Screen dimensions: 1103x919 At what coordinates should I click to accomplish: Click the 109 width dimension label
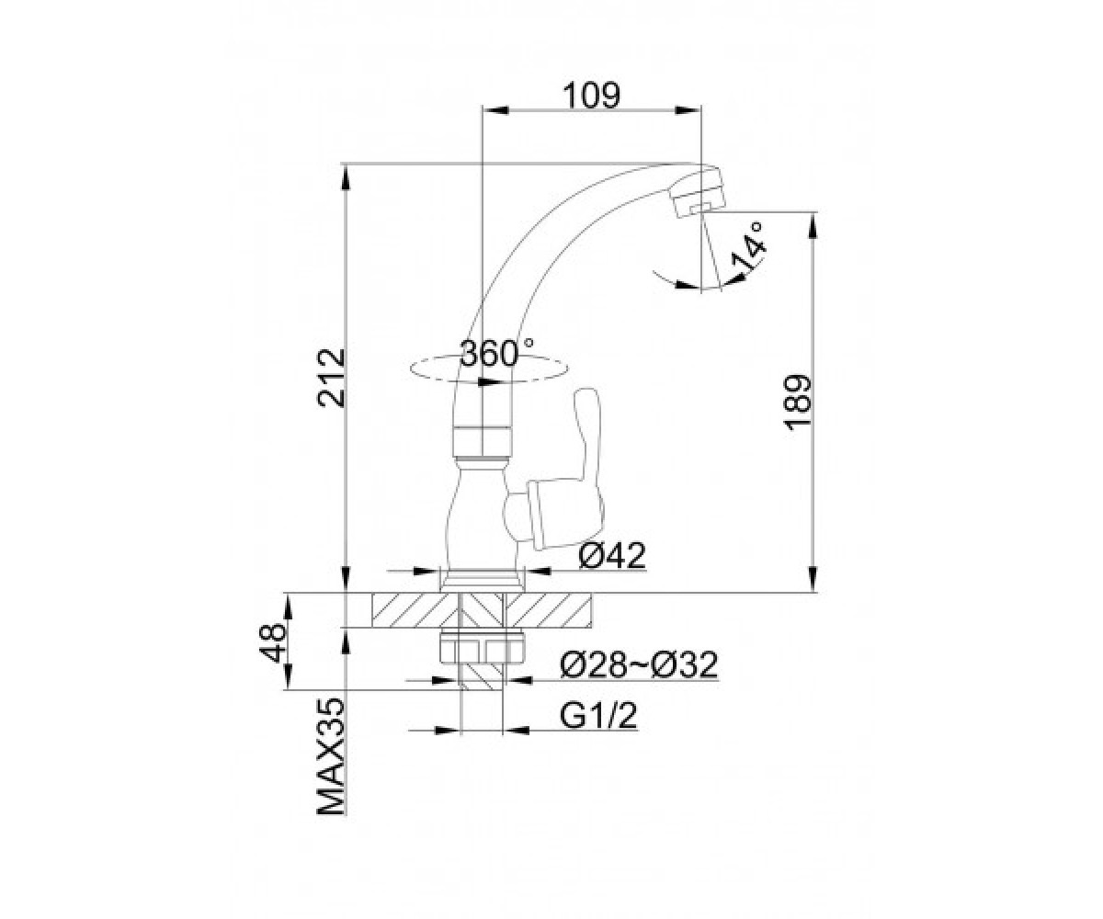(591, 96)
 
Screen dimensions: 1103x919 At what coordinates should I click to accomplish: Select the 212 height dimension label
(331, 378)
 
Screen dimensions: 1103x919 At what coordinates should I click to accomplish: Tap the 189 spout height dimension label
(797, 403)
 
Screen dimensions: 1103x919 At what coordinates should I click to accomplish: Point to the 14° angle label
(748, 246)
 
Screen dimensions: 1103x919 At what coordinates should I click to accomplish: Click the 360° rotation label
(496, 353)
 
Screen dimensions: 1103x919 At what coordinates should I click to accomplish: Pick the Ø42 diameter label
(612, 556)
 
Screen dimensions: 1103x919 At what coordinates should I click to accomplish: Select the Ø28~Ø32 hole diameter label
(639, 664)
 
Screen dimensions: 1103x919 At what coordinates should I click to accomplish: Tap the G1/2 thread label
(598, 716)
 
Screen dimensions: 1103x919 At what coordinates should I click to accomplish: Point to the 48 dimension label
(273, 642)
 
